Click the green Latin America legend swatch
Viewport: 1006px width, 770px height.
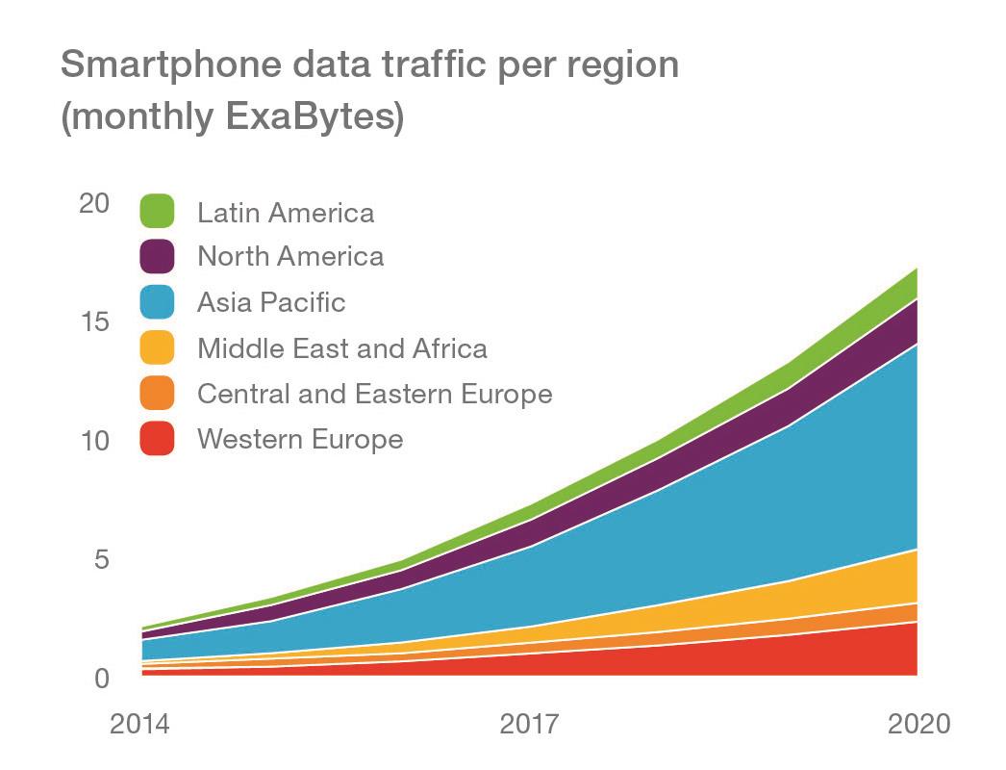pyautogui.click(x=157, y=211)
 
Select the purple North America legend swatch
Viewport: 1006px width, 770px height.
pyautogui.click(x=157, y=256)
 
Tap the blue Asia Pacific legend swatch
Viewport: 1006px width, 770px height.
pyautogui.click(x=157, y=302)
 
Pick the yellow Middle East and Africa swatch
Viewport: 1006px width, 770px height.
pyautogui.click(x=157, y=347)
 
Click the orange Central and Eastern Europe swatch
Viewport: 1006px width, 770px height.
pyautogui.click(x=157, y=394)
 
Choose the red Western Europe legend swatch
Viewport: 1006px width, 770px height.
pyautogui.click(x=157, y=439)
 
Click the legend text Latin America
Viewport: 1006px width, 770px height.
pyautogui.click(x=286, y=212)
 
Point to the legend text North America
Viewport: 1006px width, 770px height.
pyautogui.click(x=290, y=256)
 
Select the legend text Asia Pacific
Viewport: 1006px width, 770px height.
pyautogui.click(x=271, y=302)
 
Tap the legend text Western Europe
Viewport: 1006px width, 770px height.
pyautogui.click(x=300, y=440)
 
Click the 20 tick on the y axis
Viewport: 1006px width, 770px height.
pyautogui.click(x=94, y=203)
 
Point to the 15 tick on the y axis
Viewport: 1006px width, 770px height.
pyautogui.click(x=94, y=321)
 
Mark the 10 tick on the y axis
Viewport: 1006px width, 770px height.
pyautogui.click(x=94, y=441)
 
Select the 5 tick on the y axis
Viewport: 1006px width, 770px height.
pyautogui.click(x=102, y=559)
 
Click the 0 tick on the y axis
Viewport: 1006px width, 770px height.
pyautogui.click(x=102, y=679)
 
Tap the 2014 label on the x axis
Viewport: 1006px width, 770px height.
pyautogui.click(x=139, y=724)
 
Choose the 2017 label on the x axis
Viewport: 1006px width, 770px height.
pyautogui.click(x=528, y=724)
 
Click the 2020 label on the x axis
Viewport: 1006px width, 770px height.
pyautogui.click(x=918, y=724)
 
